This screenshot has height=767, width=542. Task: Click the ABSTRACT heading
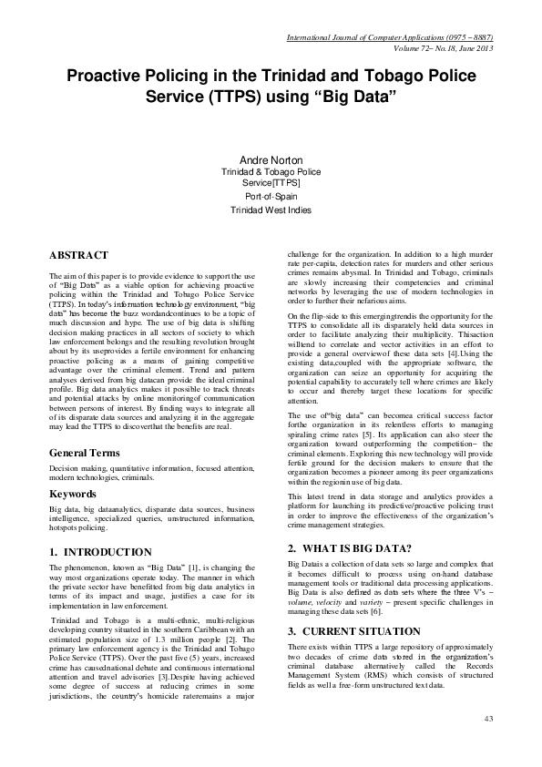click(78, 255)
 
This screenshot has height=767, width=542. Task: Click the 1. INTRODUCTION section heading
click(100, 552)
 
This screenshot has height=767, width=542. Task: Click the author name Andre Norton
click(270, 159)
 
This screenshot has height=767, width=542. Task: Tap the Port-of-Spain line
click(270, 196)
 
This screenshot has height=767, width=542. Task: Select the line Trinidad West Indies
click(270, 210)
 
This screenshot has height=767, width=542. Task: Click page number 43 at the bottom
click(487, 720)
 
